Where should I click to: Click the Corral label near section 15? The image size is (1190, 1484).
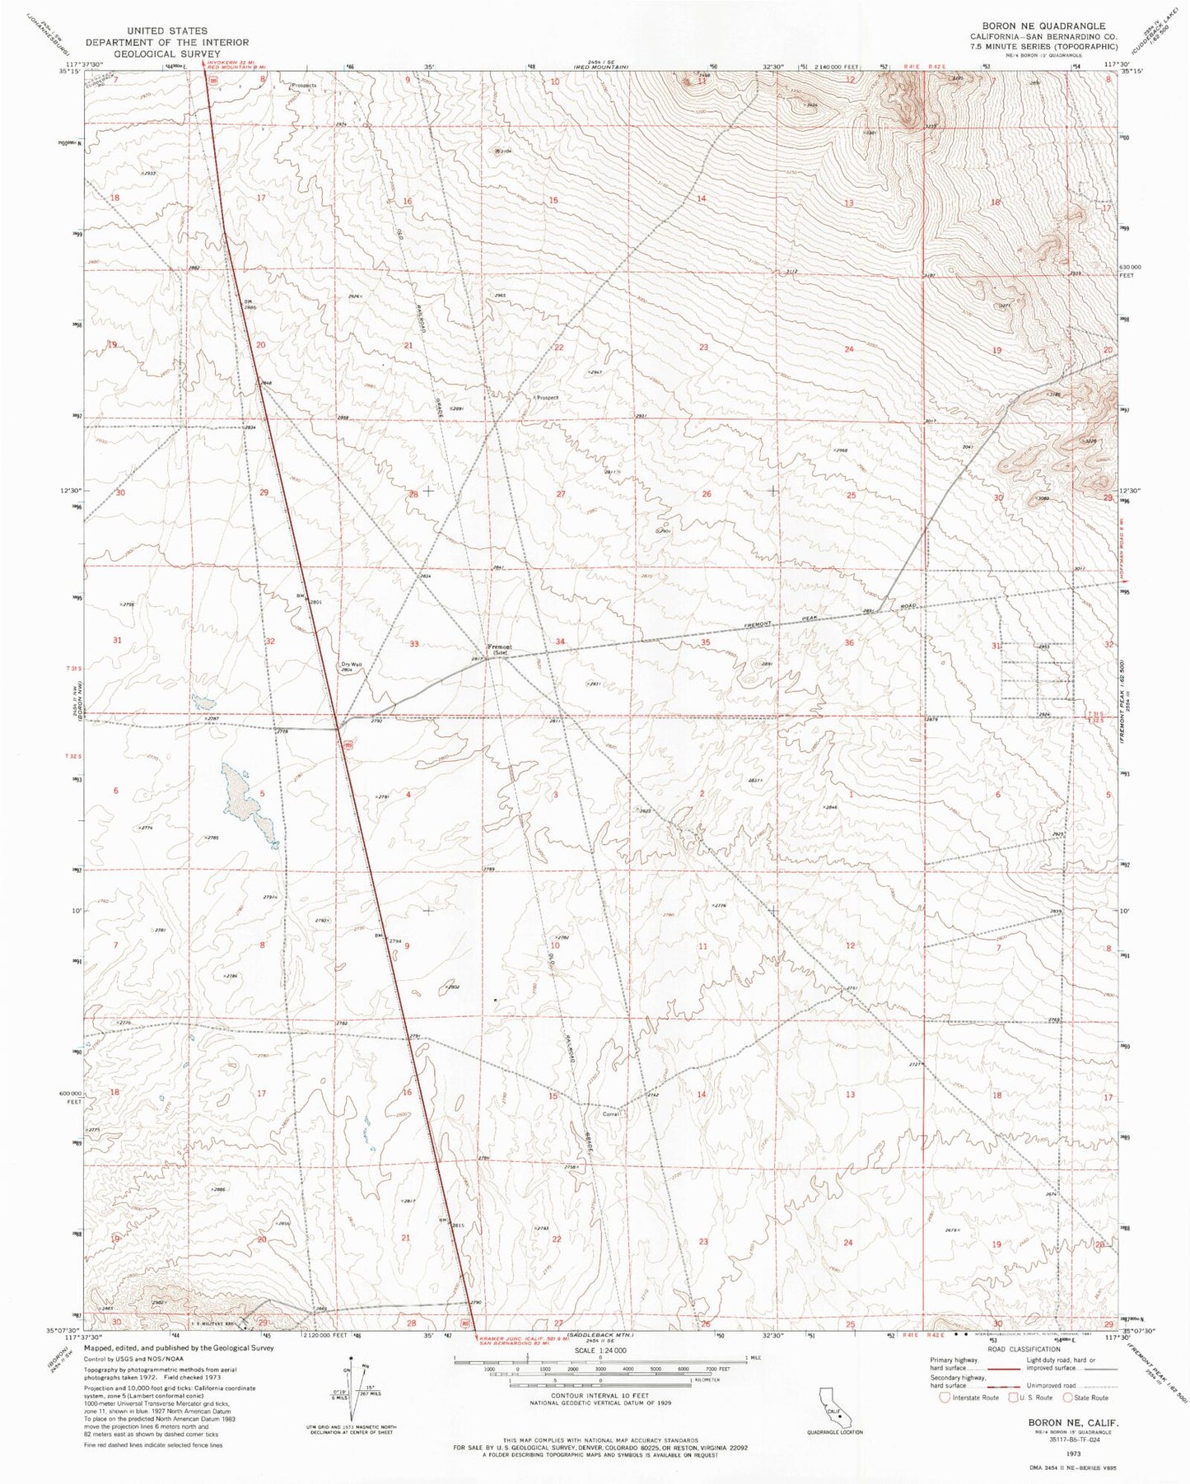click(611, 1114)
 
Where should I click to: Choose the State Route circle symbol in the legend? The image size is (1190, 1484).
click(1069, 1397)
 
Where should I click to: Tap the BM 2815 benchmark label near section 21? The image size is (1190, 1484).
click(452, 1225)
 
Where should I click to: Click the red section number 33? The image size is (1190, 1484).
click(414, 644)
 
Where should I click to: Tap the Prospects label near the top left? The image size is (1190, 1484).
click(302, 85)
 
